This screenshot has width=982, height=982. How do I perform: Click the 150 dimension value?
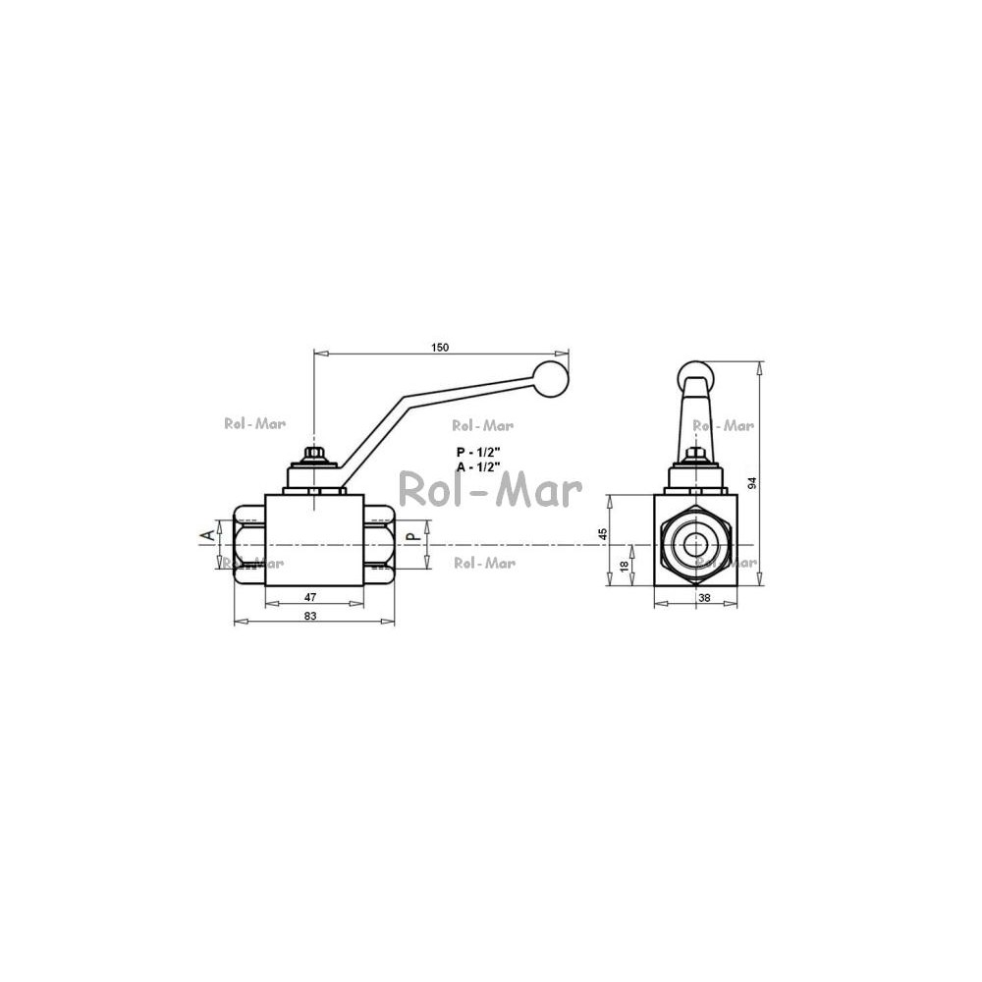440,348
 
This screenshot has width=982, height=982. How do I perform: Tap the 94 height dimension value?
753,483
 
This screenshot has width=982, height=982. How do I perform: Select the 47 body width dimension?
310,597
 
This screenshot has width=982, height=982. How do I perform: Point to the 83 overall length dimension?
310,616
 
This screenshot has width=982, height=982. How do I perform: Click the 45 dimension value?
603,534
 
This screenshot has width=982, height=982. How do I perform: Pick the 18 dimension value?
624,566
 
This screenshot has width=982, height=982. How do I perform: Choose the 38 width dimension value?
704,597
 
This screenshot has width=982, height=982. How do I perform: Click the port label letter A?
206,535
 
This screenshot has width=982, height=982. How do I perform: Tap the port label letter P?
411,536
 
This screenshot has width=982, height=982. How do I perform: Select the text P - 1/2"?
478,452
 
